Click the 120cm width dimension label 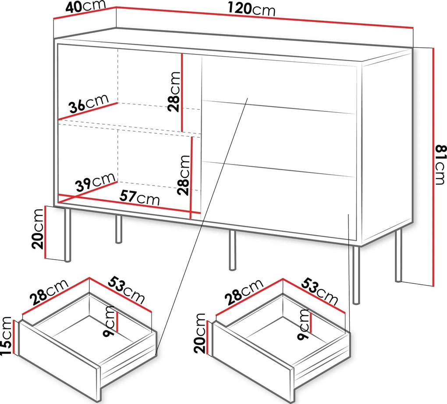(252, 9)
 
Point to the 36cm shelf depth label (89, 103)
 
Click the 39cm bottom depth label (96, 182)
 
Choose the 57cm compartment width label (139, 197)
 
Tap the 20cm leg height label (38, 229)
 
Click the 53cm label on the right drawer (319, 291)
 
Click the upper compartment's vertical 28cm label (174, 91)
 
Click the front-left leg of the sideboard (67, 235)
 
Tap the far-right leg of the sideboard (398, 255)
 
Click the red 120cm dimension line (265, 18)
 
